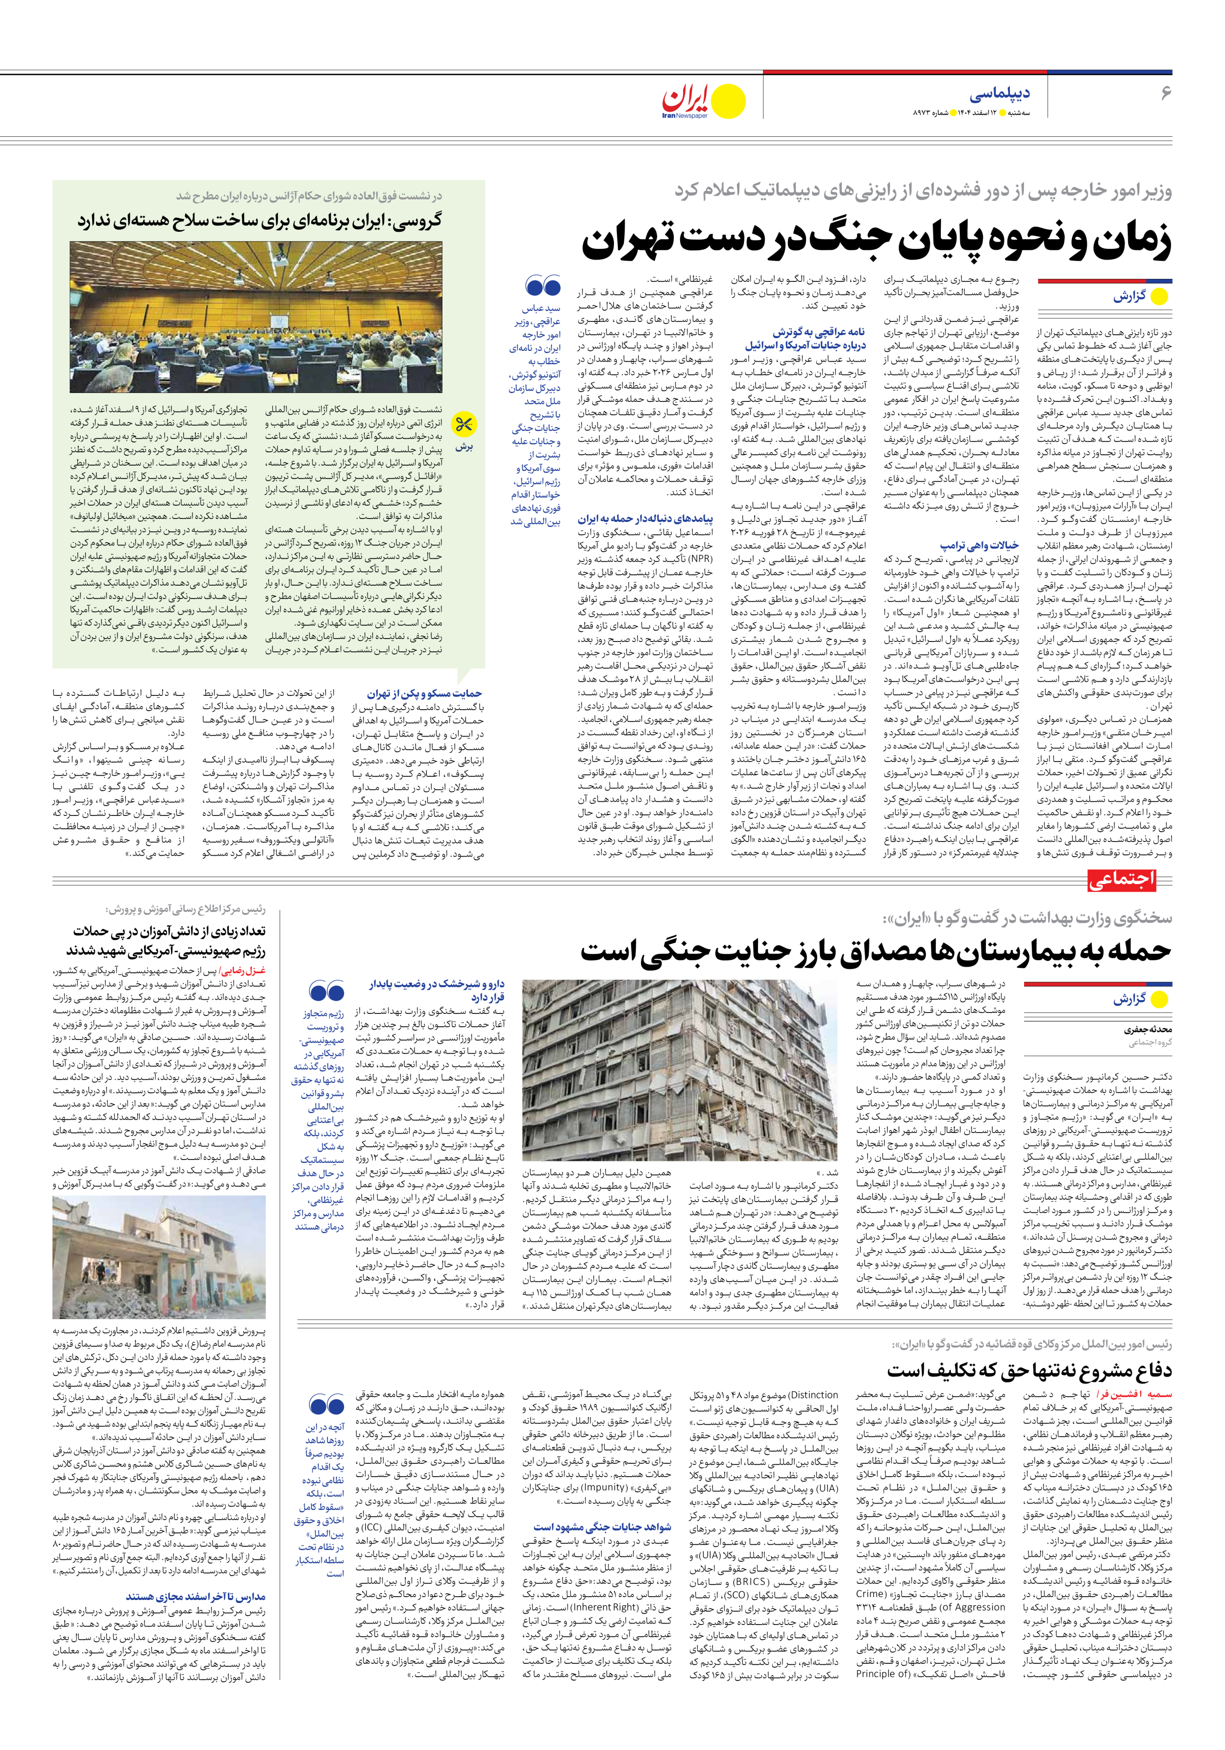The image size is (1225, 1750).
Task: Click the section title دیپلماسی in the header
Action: (x=1000, y=94)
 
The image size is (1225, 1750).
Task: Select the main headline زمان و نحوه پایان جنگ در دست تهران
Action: (x=877, y=241)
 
